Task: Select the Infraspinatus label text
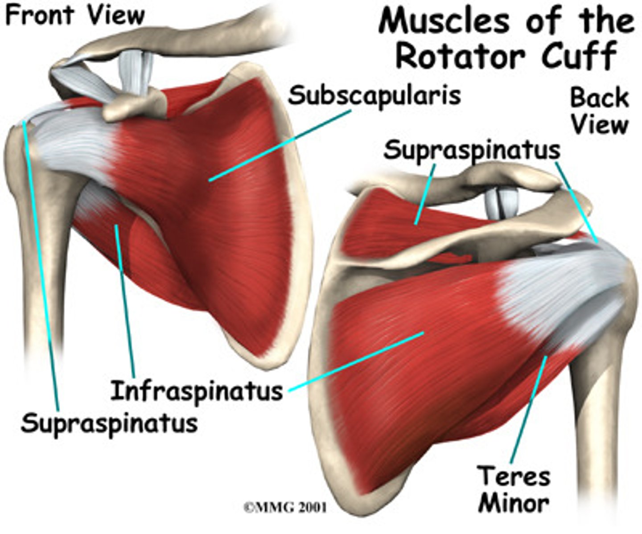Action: click(x=197, y=391)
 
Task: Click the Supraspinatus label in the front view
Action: click(x=109, y=422)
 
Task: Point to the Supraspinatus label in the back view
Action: click(x=472, y=150)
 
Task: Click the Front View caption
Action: click(x=75, y=16)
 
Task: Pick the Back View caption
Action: click(x=600, y=111)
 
